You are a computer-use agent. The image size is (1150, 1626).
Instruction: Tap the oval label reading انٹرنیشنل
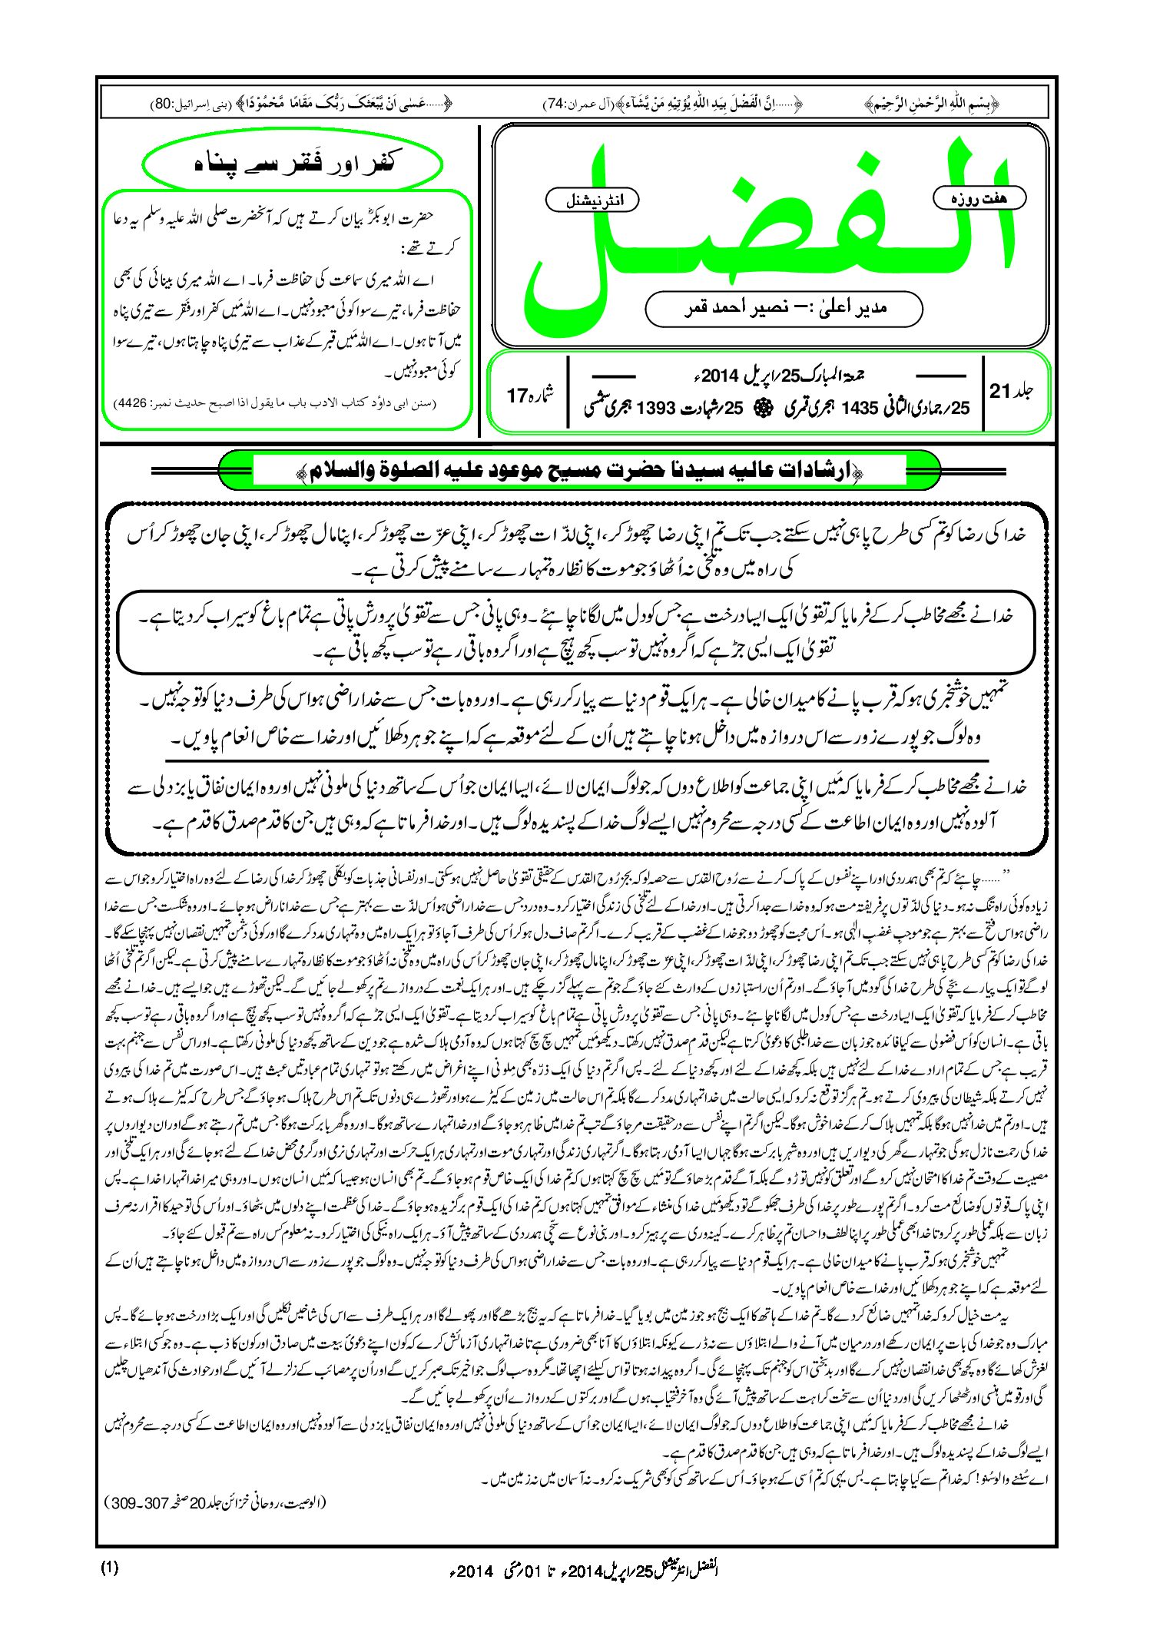coord(592,200)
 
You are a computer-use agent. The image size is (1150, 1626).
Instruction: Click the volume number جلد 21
coord(1011,392)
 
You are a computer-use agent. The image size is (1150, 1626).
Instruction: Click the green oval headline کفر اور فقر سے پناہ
coord(293,164)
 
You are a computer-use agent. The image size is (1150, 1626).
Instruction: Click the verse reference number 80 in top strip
coord(164,104)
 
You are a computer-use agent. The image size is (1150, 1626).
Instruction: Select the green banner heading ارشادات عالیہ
coord(580,471)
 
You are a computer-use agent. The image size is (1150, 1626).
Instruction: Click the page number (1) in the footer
coord(109,1568)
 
